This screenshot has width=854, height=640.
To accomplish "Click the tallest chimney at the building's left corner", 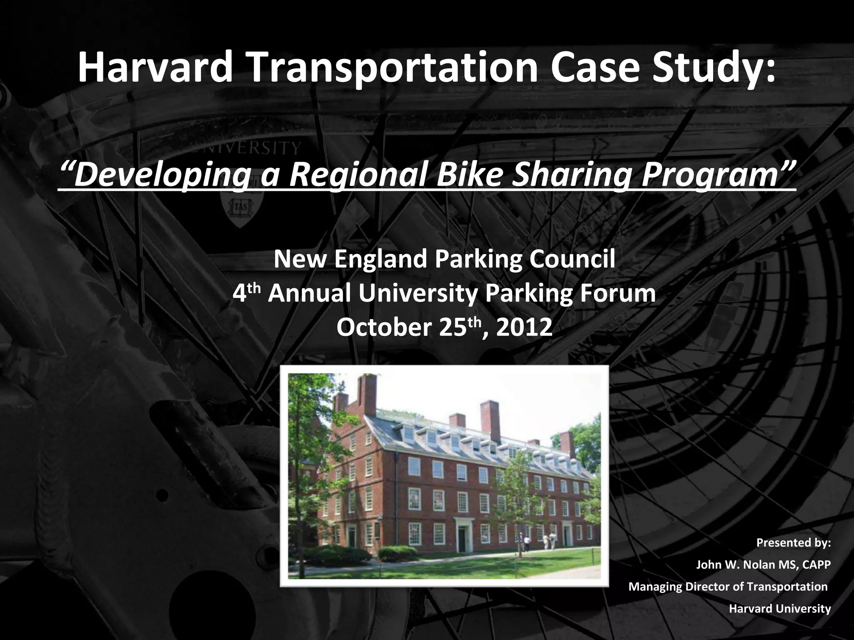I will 367,394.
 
